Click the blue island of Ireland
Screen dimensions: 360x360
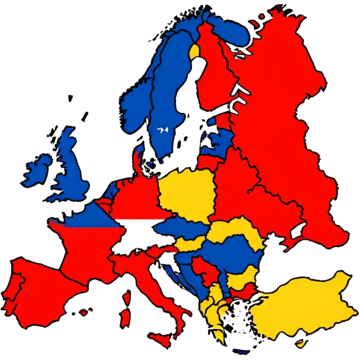pyautogui.click(x=38, y=168)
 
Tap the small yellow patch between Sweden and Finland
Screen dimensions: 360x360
pyautogui.click(x=194, y=50)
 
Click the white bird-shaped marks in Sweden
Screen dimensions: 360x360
pyautogui.click(x=162, y=129)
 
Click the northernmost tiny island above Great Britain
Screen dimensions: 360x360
pyautogui.click(x=71, y=98)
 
